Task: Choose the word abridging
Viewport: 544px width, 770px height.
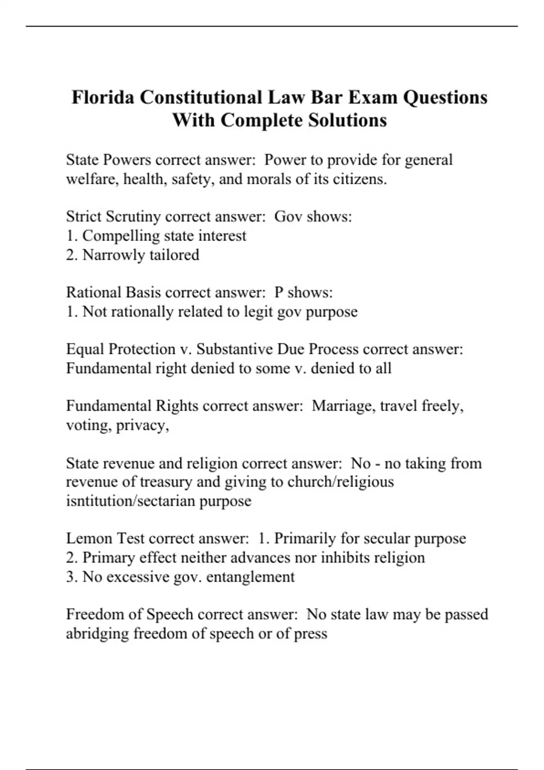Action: pyautogui.click(x=97, y=633)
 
